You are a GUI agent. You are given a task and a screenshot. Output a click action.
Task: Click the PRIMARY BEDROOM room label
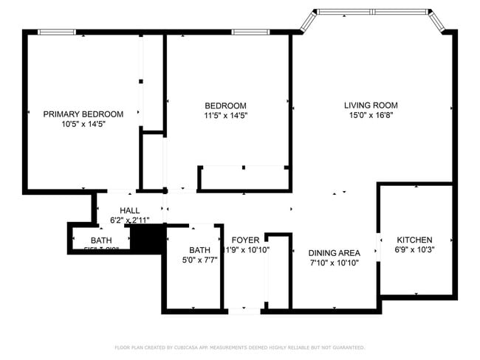(83, 114)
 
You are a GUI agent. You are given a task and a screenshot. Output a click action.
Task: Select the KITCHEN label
(414, 240)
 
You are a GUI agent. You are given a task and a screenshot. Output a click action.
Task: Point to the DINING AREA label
(334, 253)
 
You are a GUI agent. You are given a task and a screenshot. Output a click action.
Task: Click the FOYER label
(245, 240)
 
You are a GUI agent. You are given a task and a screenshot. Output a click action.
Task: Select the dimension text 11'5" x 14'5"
(225, 115)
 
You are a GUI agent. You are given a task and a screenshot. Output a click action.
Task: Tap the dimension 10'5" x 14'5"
(83, 125)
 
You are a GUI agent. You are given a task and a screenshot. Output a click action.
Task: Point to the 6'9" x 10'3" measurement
(414, 250)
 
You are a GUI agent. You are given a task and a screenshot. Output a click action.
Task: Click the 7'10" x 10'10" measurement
(334, 263)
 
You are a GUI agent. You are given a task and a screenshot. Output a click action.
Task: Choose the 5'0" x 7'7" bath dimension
(199, 260)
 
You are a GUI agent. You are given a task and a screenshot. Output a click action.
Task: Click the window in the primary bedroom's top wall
(57, 32)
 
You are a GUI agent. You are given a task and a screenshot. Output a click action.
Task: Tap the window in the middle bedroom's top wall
(244, 32)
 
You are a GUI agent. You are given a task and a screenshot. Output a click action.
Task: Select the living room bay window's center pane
(374, 12)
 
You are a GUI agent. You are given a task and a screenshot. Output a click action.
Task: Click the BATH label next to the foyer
(199, 250)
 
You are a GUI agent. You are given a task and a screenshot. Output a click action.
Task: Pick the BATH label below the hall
(102, 241)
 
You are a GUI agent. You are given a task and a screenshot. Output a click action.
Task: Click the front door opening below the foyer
(244, 311)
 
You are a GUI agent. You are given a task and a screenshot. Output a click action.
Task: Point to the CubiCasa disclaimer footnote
(239, 347)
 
